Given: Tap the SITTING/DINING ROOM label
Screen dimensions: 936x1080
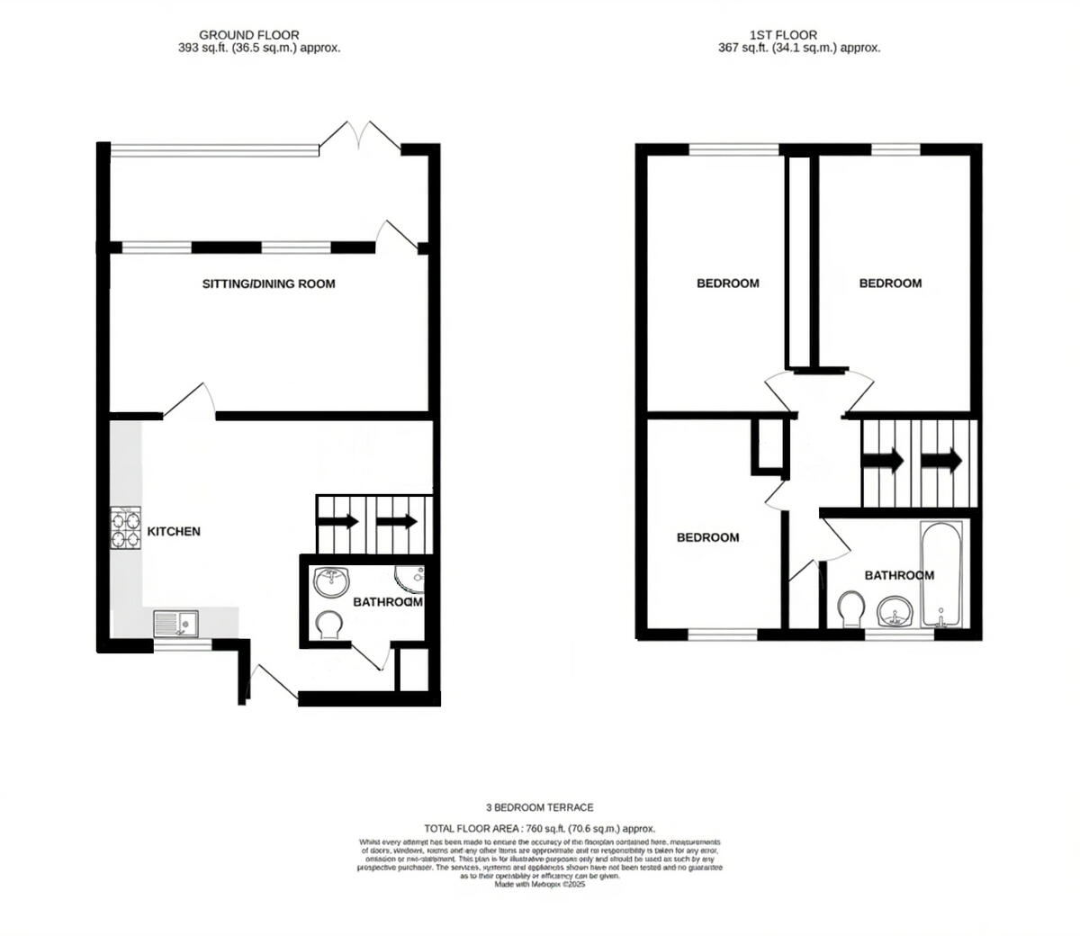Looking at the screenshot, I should (x=268, y=284).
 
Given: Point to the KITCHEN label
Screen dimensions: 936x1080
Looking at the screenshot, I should (x=174, y=532).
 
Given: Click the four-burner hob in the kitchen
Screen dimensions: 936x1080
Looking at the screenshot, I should (x=126, y=528).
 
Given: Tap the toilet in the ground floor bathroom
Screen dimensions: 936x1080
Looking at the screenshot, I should (x=329, y=623).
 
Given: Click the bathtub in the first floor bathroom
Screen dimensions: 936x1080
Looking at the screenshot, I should (x=941, y=574).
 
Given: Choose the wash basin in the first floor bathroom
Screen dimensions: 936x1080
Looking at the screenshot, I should (x=895, y=611).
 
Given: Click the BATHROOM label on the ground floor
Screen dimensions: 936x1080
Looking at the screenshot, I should (x=387, y=602).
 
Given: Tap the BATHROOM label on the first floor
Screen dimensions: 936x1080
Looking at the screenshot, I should (x=899, y=575).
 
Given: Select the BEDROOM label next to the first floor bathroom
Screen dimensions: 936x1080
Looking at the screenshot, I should (x=707, y=537).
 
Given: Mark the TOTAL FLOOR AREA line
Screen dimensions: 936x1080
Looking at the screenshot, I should (x=539, y=828).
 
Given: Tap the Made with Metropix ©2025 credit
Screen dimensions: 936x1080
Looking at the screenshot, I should (x=539, y=886).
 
